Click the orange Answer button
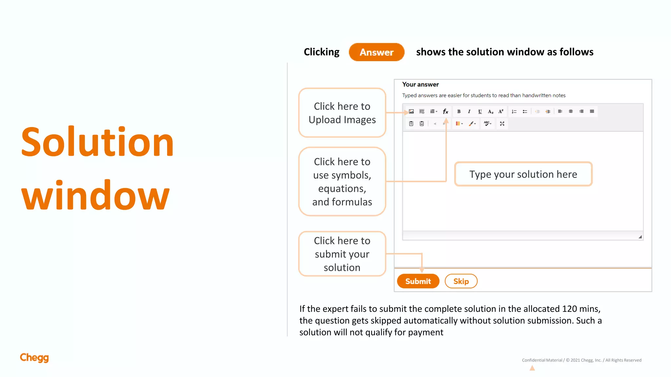click(x=376, y=52)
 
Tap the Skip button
click(x=461, y=281)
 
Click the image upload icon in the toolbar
click(x=411, y=112)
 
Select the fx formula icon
click(x=445, y=112)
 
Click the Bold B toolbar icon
click(x=459, y=112)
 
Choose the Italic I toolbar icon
click(x=469, y=112)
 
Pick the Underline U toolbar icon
click(x=480, y=112)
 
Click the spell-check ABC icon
click(x=487, y=123)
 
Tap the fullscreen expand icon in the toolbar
click(x=502, y=123)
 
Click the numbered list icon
click(x=514, y=112)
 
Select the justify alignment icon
click(x=592, y=112)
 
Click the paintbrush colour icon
click(x=472, y=123)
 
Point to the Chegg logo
click(x=34, y=358)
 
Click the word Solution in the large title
click(x=97, y=142)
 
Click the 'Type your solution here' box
click(x=523, y=174)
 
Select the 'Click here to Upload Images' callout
click(x=342, y=113)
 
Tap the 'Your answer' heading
click(x=420, y=84)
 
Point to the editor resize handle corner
click(x=640, y=237)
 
